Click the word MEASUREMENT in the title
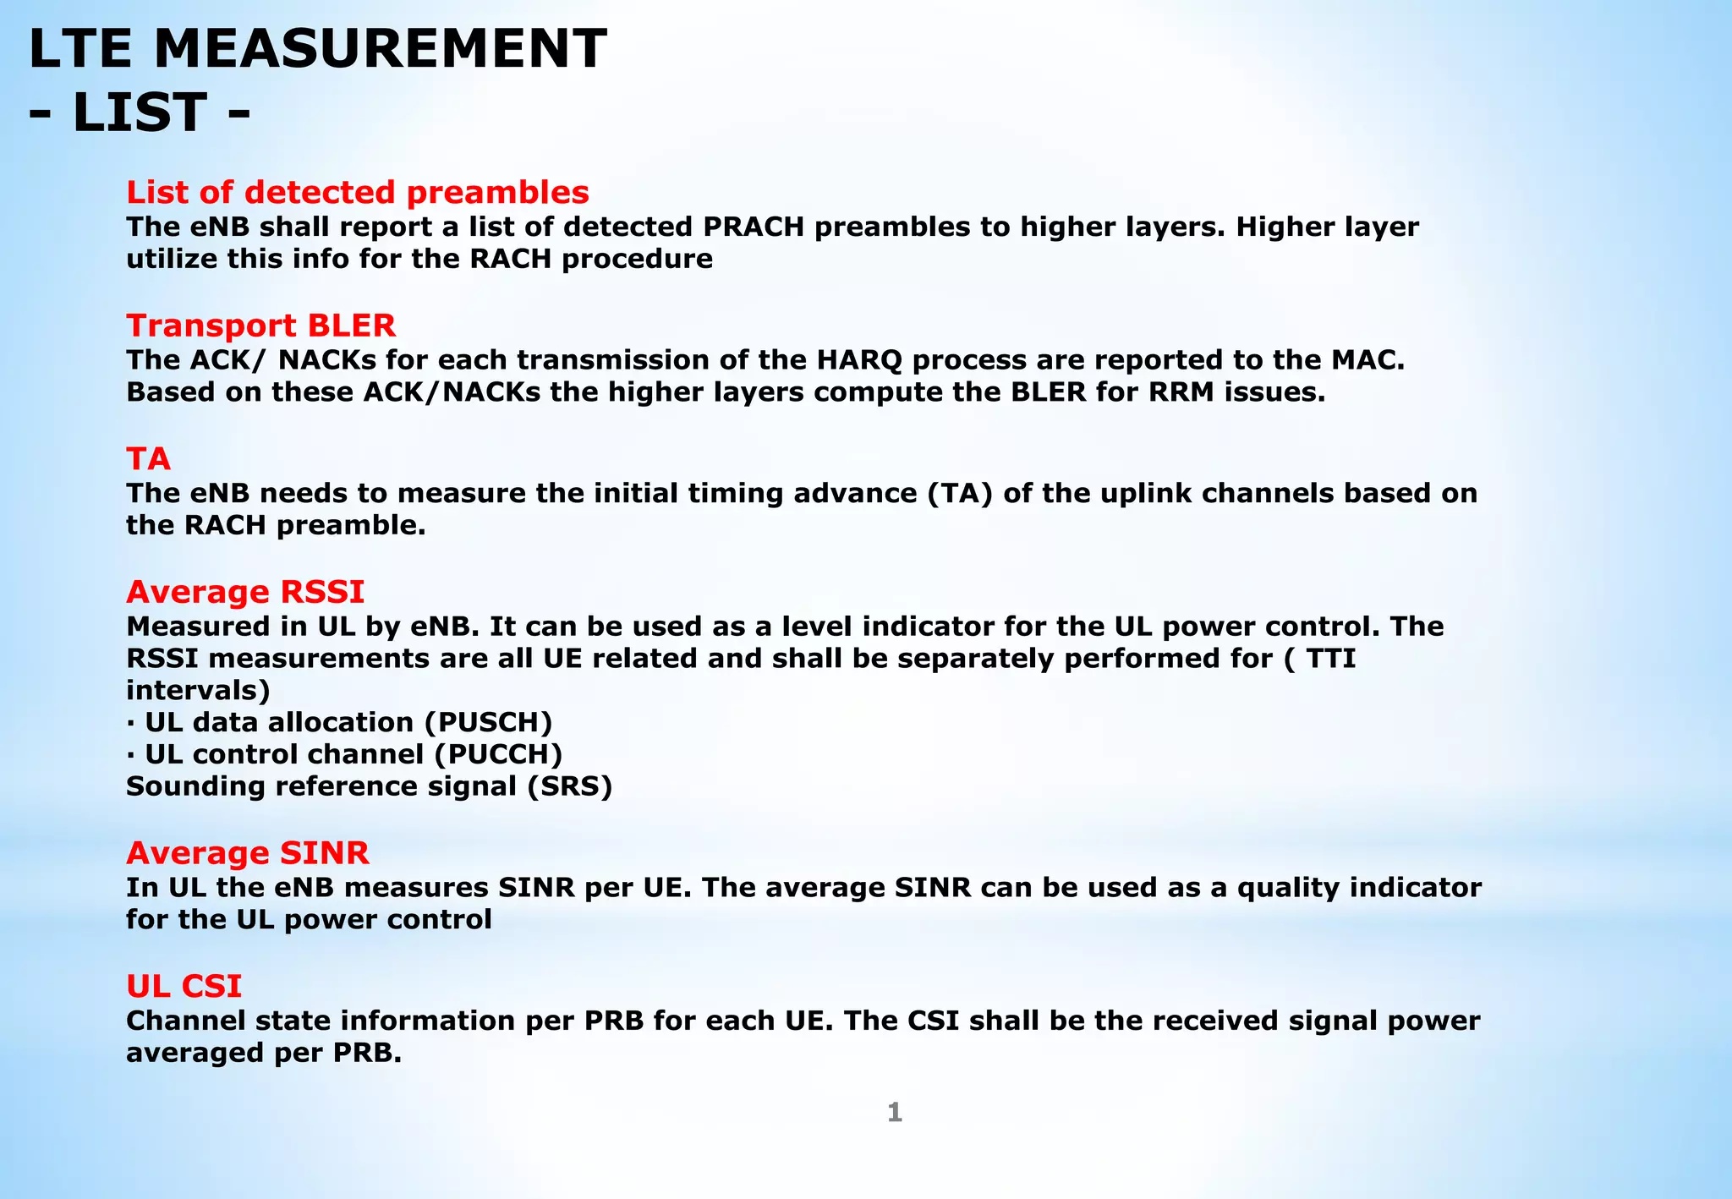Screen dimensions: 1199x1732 pyautogui.click(x=380, y=49)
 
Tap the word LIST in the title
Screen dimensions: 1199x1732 pyautogui.click(x=140, y=112)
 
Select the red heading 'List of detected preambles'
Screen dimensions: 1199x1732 pyautogui.click(x=357, y=192)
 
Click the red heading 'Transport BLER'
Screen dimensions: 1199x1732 pyautogui.click(x=260, y=326)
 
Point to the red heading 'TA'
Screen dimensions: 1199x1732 pyautogui.click(x=148, y=459)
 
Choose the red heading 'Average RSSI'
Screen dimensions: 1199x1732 pyautogui.click(x=245, y=592)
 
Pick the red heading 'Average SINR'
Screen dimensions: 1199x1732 pyautogui.click(x=247, y=853)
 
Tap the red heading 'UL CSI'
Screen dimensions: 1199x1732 pyautogui.click(x=184, y=986)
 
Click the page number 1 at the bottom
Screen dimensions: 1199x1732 pyautogui.click(x=894, y=1113)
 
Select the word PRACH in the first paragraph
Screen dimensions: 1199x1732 pyautogui.click(x=754, y=227)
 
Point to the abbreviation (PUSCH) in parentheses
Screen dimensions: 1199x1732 pyautogui.click(x=488, y=722)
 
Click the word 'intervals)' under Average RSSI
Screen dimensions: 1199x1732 pyautogui.click(x=198, y=690)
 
